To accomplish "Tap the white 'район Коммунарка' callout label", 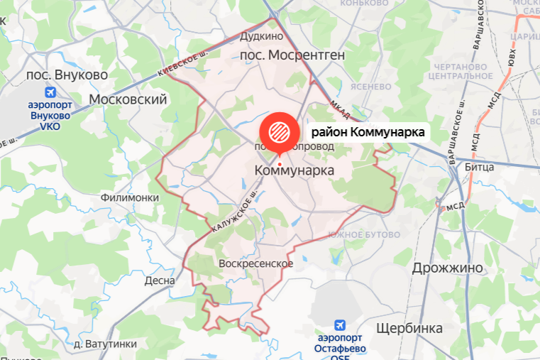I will pos(367,132).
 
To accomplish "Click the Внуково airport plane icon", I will pos(50,92).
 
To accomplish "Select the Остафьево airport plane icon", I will pos(340,325).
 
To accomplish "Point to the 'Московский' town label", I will pos(128,99).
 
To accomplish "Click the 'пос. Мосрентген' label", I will pos(292,54).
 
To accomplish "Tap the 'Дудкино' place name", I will pos(261,36).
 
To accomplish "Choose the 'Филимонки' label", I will pos(130,198).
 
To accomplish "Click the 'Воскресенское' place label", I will pos(256,263).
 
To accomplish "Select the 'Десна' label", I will pos(159,280).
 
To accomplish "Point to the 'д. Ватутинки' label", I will pos(105,344).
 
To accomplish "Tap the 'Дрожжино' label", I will pos(447,268).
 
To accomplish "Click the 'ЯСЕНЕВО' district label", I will pos(371,86).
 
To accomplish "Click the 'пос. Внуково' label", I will pos(67,75).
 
